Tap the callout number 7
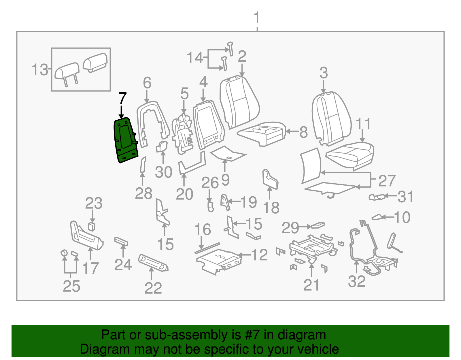point(122,99)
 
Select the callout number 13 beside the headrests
point(39,70)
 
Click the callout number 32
point(356,281)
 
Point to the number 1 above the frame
point(256,18)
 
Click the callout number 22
point(153,288)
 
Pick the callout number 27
point(387,181)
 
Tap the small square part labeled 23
point(92,227)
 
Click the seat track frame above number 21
point(313,247)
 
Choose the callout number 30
point(163,172)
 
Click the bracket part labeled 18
point(270,180)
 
